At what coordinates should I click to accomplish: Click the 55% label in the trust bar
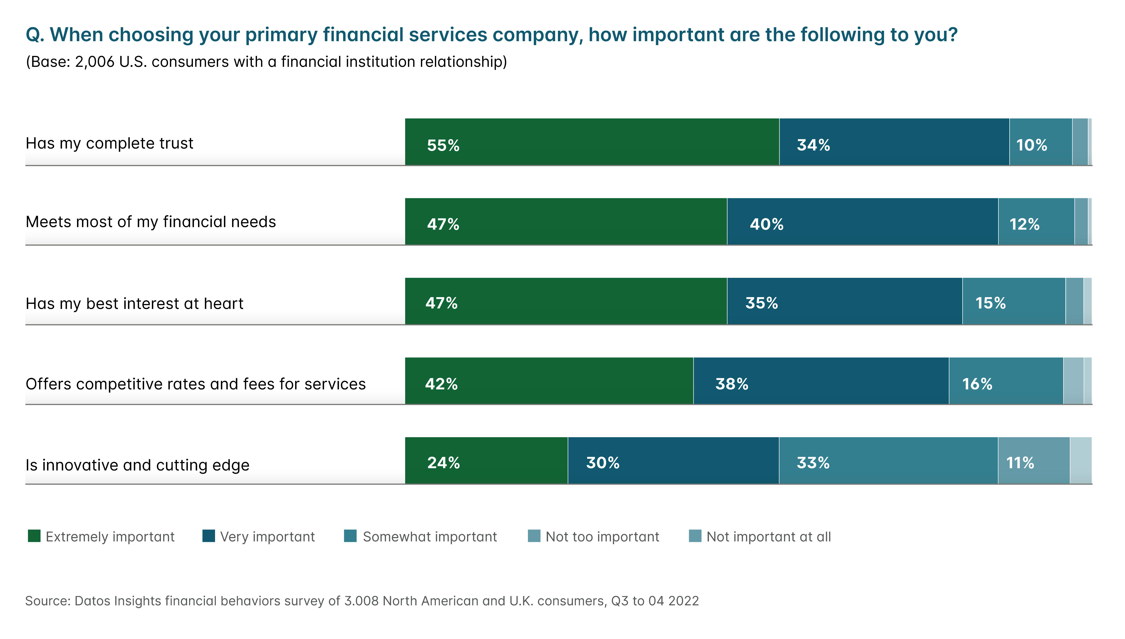[443, 145]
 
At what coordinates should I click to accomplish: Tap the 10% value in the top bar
[1031, 145]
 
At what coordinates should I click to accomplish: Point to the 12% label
[1025, 224]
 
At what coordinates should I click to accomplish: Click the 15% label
[990, 303]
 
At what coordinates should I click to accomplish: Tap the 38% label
[732, 384]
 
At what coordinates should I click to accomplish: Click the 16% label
[977, 384]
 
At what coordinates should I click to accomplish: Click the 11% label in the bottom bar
[1020, 463]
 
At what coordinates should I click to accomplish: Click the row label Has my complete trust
[109, 144]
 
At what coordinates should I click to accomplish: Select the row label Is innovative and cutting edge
[137, 465]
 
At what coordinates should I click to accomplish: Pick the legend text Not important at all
[768, 537]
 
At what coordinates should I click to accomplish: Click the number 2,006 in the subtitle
[95, 62]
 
